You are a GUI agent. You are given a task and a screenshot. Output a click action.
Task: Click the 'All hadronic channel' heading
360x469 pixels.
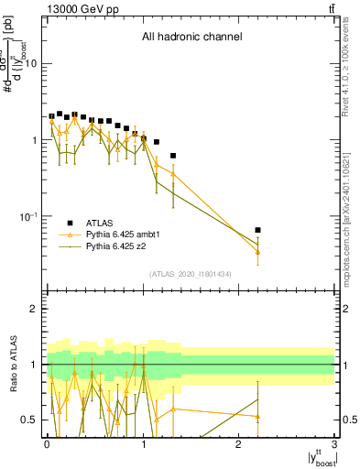click(x=191, y=38)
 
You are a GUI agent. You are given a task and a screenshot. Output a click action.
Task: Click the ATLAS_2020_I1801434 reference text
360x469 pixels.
click(x=191, y=274)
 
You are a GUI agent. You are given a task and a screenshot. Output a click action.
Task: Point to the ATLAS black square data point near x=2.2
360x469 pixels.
click(x=258, y=230)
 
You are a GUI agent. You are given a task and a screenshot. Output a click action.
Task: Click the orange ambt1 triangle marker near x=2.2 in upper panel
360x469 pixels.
click(x=258, y=252)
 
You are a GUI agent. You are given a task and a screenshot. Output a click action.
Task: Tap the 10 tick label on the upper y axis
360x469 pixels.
click(x=31, y=63)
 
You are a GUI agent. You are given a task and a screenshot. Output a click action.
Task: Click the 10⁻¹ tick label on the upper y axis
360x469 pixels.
click(x=27, y=216)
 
